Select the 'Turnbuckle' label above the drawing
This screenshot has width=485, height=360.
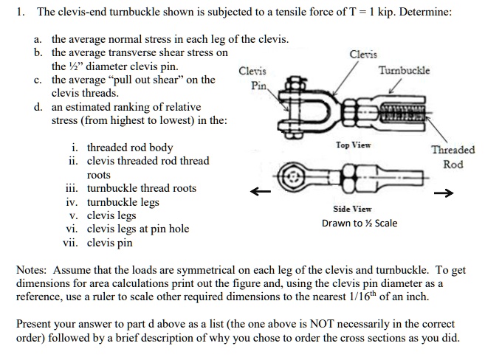click(404, 70)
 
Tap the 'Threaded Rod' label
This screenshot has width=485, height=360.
click(453, 156)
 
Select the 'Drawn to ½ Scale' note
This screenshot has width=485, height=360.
click(359, 223)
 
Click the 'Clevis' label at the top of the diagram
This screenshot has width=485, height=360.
click(362, 55)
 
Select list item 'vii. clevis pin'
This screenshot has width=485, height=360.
click(100, 242)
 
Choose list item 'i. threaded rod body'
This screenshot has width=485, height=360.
click(120, 147)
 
